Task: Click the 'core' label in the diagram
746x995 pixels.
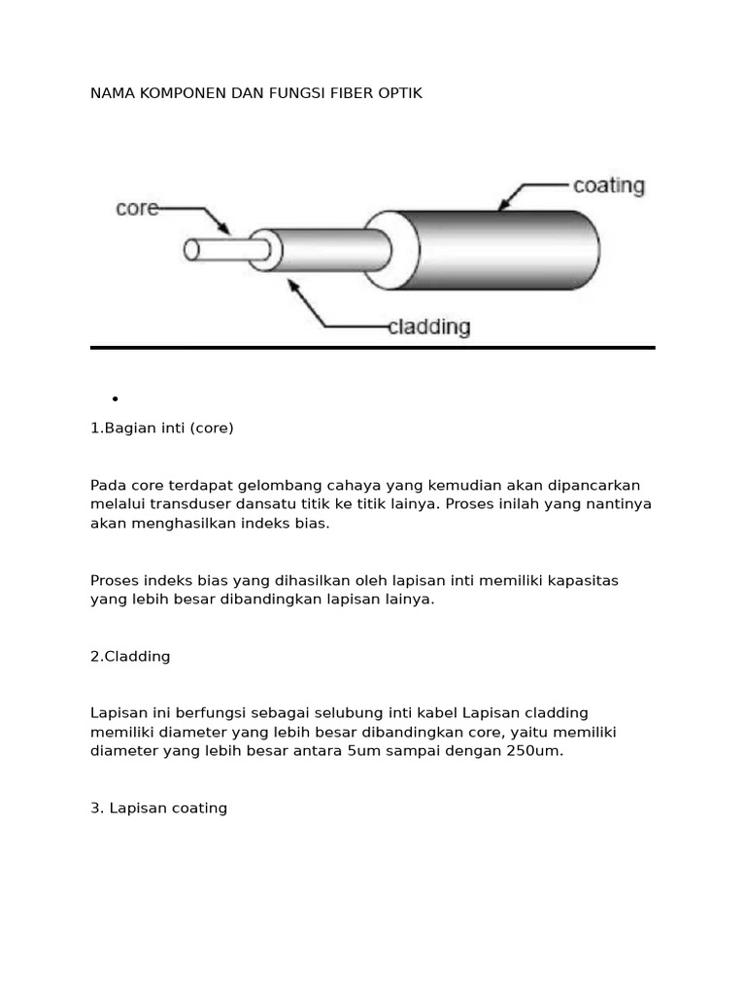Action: click(137, 208)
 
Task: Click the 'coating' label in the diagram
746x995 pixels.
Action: click(608, 186)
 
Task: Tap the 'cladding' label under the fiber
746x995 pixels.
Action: click(428, 327)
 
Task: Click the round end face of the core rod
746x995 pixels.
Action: click(191, 251)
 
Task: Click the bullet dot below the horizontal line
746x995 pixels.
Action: click(115, 398)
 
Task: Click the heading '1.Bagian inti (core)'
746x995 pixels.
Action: click(162, 428)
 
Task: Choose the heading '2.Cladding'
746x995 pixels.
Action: click(130, 656)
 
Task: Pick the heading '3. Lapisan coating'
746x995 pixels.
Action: click(158, 807)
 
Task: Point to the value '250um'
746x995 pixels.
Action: click(535, 751)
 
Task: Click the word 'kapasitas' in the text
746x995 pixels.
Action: click(585, 580)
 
